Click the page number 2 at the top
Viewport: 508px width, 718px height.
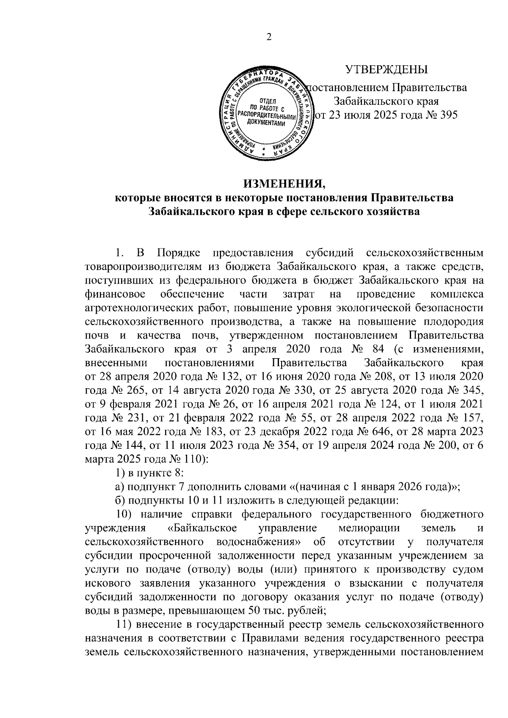(x=268, y=37)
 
